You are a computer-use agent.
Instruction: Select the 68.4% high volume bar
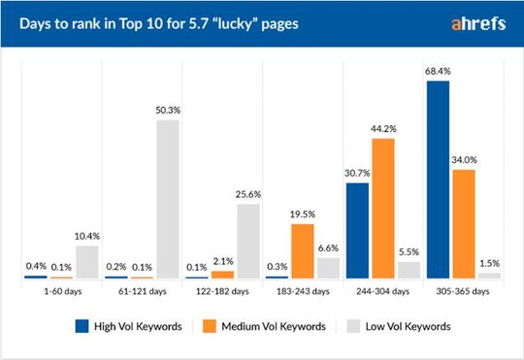[438, 180]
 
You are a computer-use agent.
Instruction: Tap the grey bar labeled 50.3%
[168, 199]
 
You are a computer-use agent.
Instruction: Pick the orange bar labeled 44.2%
[383, 209]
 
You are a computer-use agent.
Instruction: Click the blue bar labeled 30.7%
[357, 231]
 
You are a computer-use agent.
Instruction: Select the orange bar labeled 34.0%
[464, 224]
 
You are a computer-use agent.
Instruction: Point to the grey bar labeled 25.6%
[248, 241]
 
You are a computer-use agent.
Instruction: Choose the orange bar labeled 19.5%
[303, 251]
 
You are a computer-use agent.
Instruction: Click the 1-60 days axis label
[60, 291]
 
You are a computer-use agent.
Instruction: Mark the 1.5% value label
[490, 263]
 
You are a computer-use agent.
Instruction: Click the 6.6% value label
[329, 247]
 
